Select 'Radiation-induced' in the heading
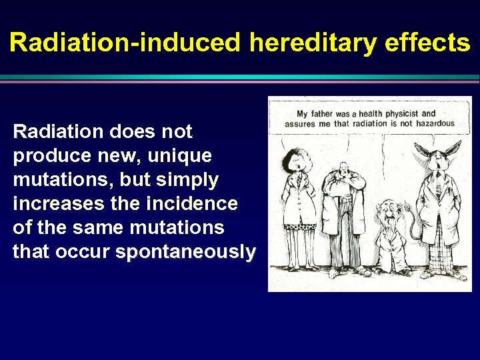[x=125, y=43]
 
